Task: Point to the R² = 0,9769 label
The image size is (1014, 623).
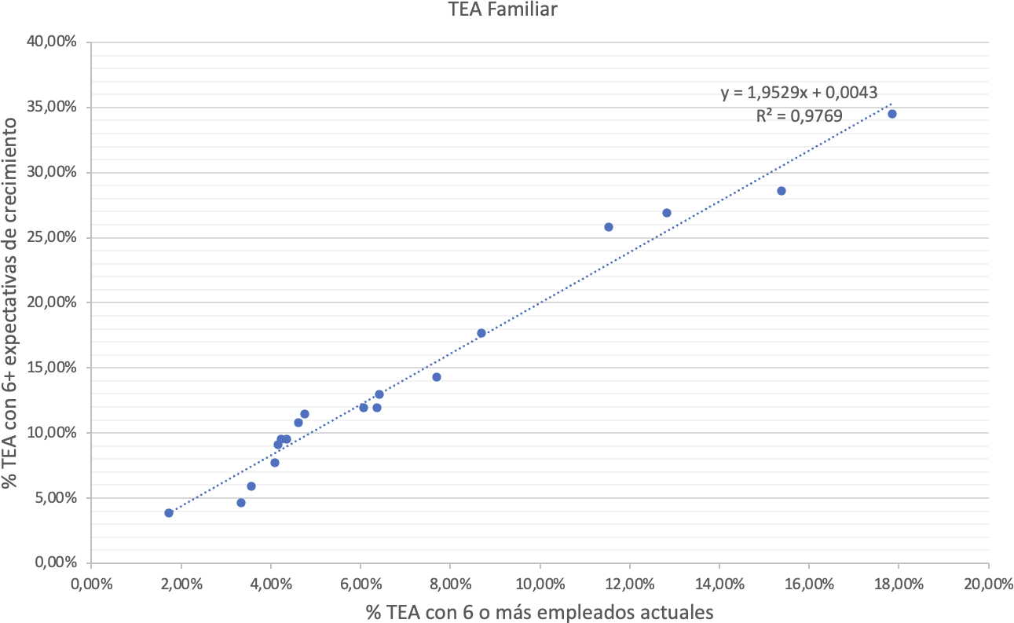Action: pyautogui.click(x=799, y=116)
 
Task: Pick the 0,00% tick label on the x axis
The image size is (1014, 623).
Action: pyautogui.click(x=91, y=585)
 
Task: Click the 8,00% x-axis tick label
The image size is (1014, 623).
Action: pyautogui.click(x=450, y=585)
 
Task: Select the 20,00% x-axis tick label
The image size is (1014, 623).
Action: pyautogui.click(x=987, y=585)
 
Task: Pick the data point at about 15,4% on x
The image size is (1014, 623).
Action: pyautogui.click(x=782, y=191)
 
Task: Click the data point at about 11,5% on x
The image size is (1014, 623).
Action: pyautogui.click(x=609, y=227)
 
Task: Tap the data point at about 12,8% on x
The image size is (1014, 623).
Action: pyautogui.click(x=667, y=213)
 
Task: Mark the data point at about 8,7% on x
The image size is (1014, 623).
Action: pyautogui.click(x=481, y=333)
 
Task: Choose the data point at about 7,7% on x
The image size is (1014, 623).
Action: pyautogui.click(x=437, y=377)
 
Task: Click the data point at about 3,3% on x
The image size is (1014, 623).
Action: pyautogui.click(x=241, y=503)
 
